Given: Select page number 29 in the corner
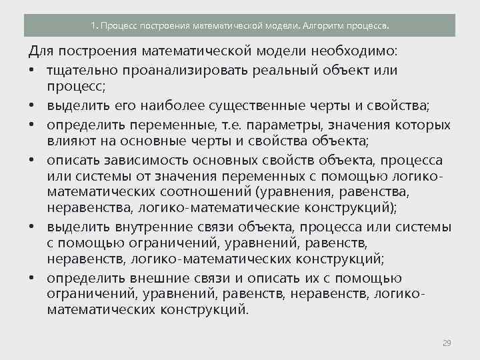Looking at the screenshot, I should [447, 343].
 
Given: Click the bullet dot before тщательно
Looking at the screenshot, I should [31, 71].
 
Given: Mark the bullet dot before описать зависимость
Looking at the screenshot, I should [31, 161].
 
